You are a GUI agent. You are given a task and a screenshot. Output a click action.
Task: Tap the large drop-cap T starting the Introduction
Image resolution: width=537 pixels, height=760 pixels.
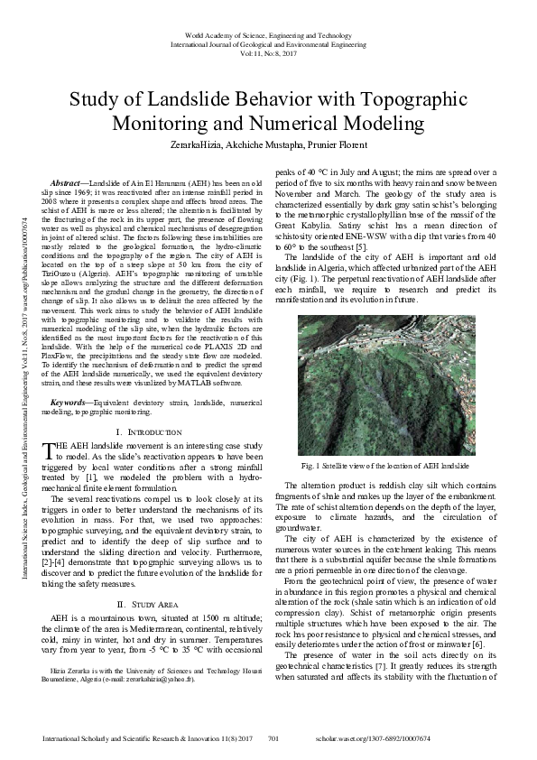[50, 450]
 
